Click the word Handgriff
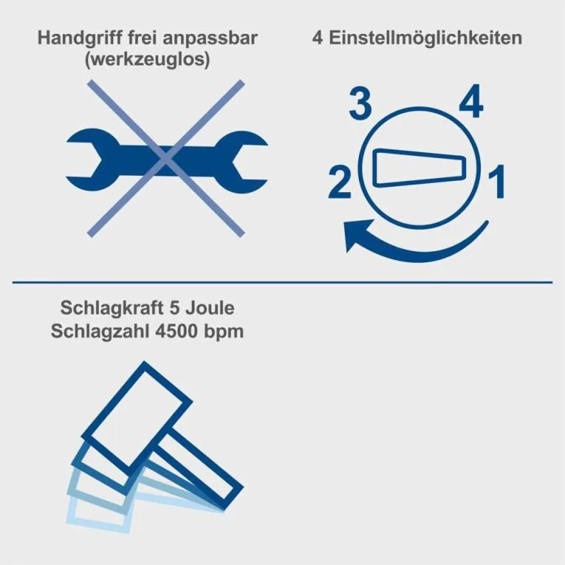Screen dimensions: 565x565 point(80,38)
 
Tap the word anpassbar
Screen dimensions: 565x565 point(210,38)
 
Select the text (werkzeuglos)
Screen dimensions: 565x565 point(148,59)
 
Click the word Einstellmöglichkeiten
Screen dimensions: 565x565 point(425,38)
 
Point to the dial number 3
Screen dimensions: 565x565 point(360,104)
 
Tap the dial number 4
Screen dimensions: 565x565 point(471,101)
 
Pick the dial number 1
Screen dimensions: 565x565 point(497,182)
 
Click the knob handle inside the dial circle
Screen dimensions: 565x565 point(420,168)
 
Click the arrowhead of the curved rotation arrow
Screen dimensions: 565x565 point(355,234)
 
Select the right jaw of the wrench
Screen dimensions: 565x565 point(242,162)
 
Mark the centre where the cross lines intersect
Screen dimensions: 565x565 point(166,159)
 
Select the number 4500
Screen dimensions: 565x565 point(177,331)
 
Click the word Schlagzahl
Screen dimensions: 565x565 point(100,332)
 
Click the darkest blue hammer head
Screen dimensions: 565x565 point(137,417)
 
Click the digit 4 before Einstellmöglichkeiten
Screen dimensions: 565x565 point(318,38)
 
